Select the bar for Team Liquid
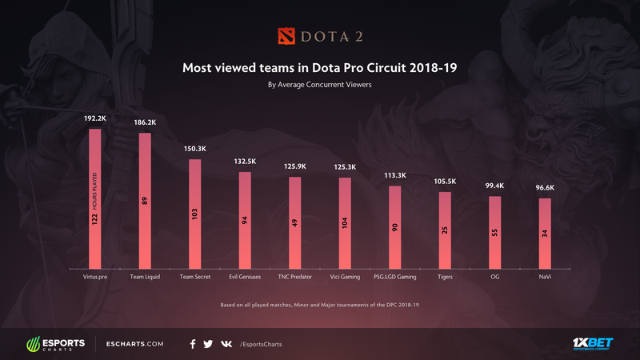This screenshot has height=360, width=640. [145, 200]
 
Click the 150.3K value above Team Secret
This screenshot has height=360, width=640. [195, 148]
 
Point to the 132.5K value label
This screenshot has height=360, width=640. [245, 161]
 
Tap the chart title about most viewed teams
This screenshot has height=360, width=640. [320, 68]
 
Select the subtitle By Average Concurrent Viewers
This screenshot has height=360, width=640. [320, 84]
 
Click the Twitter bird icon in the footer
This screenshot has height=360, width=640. [208, 344]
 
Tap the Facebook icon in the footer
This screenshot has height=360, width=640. [193, 344]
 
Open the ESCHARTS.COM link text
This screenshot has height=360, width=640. [138, 344]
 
